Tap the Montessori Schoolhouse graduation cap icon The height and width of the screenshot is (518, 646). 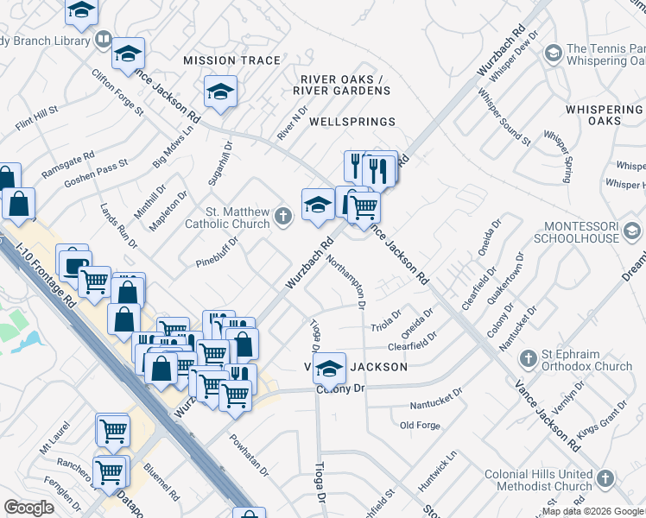[x=632, y=231]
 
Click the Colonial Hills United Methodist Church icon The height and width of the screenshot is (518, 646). [x=605, y=478]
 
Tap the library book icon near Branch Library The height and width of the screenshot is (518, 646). [x=103, y=40]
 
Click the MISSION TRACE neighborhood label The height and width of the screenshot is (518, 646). [x=232, y=60]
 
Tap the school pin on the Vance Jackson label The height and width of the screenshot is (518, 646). [x=329, y=367]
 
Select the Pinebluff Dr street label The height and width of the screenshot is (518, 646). [x=217, y=252]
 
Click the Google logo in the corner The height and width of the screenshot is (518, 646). [x=29, y=508]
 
